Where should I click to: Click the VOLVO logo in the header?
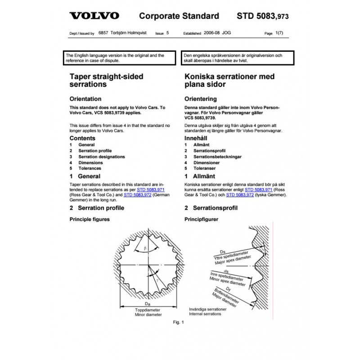[94, 16]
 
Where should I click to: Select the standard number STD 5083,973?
[262, 17]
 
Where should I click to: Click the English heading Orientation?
[85, 99]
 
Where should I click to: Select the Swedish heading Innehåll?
[198, 138]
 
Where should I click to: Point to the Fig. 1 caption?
[179, 322]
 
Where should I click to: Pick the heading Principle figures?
[89, 219]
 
